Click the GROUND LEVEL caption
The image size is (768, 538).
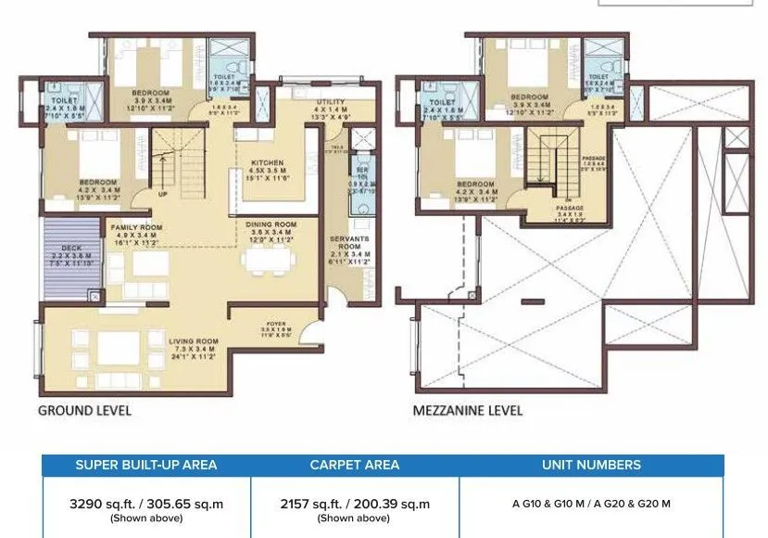coord(83,409)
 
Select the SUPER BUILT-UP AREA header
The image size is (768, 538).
coord(146,465)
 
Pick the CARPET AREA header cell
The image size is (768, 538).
coord(355,465)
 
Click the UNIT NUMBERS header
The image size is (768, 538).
coord(591,465)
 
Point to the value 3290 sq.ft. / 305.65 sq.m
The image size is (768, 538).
coord(146,505)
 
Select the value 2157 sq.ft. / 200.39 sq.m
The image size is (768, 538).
coord(355,505)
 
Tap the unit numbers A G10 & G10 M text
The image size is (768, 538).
coord(591,505)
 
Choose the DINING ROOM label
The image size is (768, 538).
coord(271,224)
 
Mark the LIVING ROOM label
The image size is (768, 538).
coord(192,341)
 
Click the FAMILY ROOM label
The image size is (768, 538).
coord(136,226)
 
